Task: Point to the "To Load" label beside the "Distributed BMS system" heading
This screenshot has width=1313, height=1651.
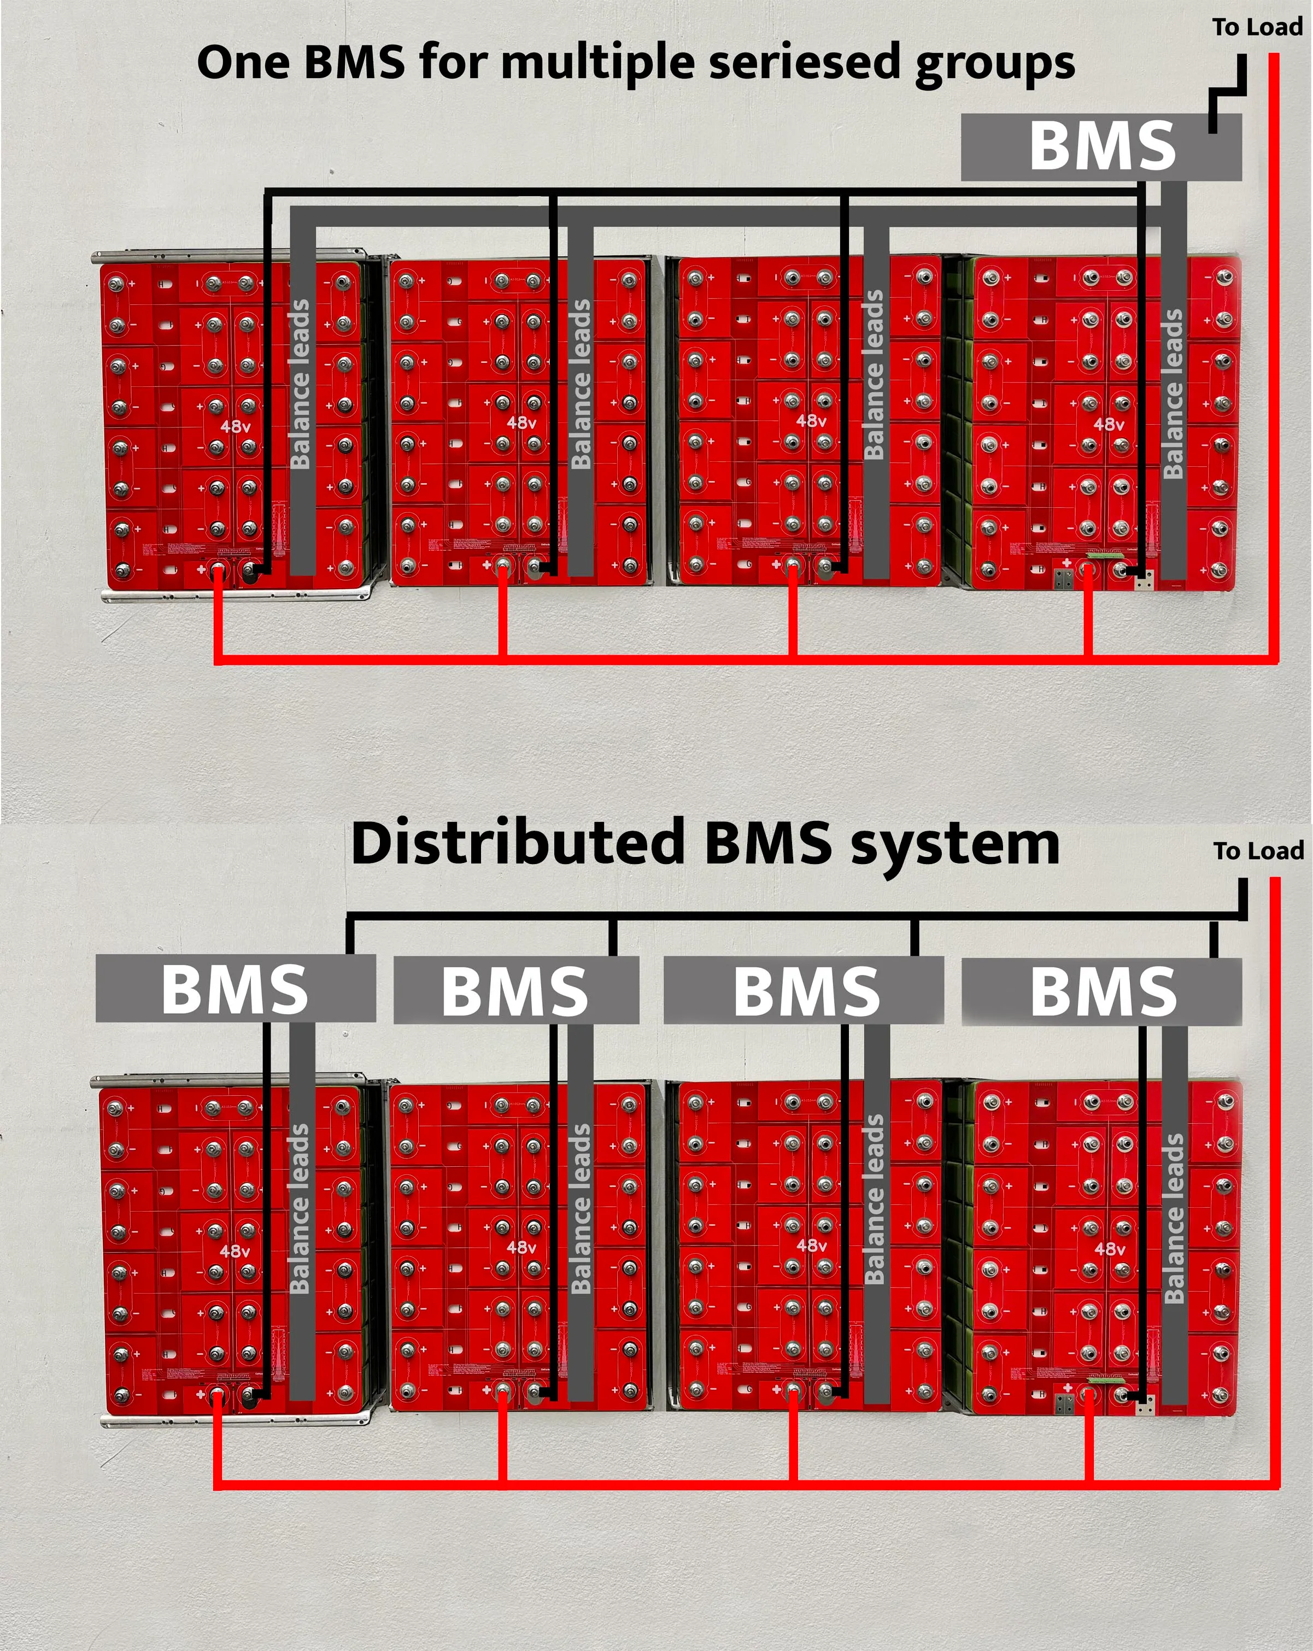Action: tap(1258, 851)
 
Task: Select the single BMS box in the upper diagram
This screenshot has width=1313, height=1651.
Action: tap(1101, 146)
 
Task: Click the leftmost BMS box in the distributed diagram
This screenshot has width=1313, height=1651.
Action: tap(235, 988)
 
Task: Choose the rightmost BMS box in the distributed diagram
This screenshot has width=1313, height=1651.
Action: tap(1101, 991)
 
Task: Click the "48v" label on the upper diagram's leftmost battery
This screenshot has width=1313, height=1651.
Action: tap(235, 426)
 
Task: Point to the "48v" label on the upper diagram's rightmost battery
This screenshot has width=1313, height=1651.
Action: tap(1109, 424)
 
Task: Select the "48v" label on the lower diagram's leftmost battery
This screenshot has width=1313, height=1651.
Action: tap(235, 1250)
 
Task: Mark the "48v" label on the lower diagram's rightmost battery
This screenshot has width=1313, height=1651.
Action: tap(1109, 1249)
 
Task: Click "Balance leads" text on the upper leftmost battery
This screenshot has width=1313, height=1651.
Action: tap(300, 383)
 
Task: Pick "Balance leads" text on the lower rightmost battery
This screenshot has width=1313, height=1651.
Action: tap(1173, 1218)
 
